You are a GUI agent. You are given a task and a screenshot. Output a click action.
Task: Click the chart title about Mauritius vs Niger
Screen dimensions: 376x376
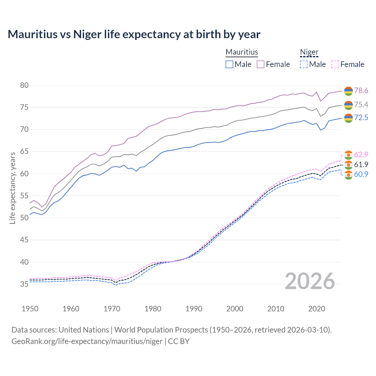coord(134,34)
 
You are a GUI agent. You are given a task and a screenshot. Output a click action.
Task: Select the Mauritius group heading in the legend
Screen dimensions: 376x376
coord(242,52)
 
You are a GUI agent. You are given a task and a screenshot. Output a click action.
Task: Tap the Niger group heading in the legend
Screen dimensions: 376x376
coord(309,52)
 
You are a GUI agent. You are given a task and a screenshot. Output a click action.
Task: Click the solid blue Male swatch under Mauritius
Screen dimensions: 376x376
coord(229,64)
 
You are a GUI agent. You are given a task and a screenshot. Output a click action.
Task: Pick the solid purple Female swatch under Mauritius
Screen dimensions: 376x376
coord(261,64)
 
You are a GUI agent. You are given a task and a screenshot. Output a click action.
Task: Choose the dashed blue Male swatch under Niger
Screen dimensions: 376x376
coord(304,64)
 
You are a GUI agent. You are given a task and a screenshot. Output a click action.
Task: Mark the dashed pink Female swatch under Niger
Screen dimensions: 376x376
coord(335,64)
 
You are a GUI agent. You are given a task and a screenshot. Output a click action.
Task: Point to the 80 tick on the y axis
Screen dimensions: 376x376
coord(24,85)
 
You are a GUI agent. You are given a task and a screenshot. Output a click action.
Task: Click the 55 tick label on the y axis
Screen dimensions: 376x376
coord(24,196)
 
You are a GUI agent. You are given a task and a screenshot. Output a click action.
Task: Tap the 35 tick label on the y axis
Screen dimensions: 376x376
coord(24,284)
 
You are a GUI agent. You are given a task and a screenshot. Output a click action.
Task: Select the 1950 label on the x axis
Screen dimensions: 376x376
coord(30,309)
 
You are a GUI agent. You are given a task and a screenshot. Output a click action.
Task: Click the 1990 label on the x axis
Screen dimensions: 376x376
coord(194,309)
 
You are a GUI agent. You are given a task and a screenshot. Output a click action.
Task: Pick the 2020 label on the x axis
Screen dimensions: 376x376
coord(317,309)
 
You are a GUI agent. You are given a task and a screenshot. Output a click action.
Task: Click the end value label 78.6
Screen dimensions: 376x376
coord(361,90)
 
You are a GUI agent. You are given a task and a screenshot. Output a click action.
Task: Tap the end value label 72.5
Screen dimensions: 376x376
coord(361,117)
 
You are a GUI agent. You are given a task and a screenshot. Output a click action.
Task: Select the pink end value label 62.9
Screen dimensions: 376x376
coord(361,155)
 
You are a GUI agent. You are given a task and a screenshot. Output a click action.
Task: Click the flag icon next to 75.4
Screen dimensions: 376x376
coord(348,105)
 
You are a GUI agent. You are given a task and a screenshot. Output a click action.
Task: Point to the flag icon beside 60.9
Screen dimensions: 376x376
coord(348,175)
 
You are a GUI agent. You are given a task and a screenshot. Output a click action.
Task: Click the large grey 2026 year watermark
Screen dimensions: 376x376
coord(310,281)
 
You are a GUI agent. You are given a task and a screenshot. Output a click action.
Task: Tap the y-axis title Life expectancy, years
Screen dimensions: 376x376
coord(13,188)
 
